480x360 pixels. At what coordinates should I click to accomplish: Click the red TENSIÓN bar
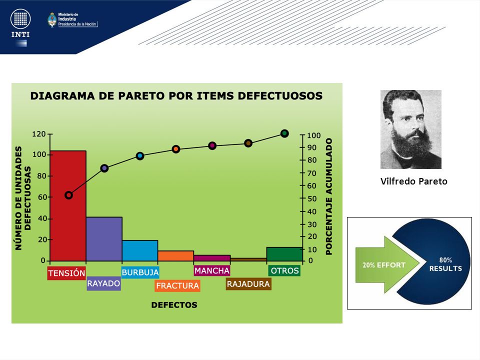pyautogui.click(x=68, y=205)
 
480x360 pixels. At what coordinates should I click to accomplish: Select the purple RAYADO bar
pyautogui.click(x=104, y=239)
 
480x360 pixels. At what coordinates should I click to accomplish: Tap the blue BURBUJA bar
pyautogui.click(x=140, y=250)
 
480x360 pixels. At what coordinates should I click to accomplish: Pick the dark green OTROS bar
pyautogui.click(x=284, y=254)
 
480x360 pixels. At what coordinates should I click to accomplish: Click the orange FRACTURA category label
pyautogui.click(x=177, y=285)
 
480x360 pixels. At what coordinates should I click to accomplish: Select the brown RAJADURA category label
pyautogui.click(x=248, y=284)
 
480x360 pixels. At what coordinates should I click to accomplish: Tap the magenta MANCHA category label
pyautogui.click(x=212, y=270)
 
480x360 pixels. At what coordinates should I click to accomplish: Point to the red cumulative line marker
pyautogui.click(x=69, y=195)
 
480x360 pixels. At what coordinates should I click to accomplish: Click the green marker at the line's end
pyautogui.click(x=284, y=133)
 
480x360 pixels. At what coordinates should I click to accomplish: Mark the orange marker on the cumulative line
pyautogui.click(x=175, y=149)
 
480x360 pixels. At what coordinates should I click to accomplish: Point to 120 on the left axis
pyautogui.click(x=38, y=134)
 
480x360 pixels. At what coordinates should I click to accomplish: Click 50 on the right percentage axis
pyautogui.click(x=311, y=198)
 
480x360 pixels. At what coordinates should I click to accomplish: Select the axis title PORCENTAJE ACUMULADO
pyautogui.click(x=329, y=196)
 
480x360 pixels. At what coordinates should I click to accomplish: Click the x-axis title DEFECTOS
pyautogui.click(x=174, y=305)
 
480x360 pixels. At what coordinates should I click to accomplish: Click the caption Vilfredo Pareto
pyautogui.click(x=414, y=181)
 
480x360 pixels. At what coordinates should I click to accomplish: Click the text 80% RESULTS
pyautogui.click(x=445, y=264)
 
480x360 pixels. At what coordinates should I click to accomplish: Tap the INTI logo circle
pyautogui.click(x=20, y=18)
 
